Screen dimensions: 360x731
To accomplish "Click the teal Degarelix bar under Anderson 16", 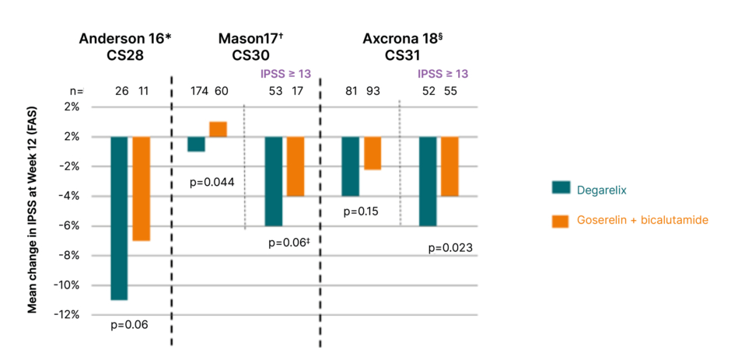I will (x=119, y=218).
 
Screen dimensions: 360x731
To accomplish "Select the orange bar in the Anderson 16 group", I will (x=141, y=188).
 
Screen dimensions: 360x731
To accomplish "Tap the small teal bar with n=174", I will (x=196, y=144).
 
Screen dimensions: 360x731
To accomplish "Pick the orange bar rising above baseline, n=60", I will (x=218, y=129).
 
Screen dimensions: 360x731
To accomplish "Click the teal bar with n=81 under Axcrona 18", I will (x=351, y=166).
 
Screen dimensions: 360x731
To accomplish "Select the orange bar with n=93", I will (x=372, y=152).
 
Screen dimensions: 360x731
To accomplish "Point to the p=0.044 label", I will (x=212, y=183).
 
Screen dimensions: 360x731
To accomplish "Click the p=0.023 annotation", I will (x=450, y=249).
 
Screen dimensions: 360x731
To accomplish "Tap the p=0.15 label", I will (x=361, y=211).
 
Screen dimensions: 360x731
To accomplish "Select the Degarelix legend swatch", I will (x=561, y=187).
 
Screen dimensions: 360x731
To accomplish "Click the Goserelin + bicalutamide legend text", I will (x=642, y=220).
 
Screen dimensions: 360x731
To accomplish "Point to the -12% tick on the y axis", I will (x=68, y=315).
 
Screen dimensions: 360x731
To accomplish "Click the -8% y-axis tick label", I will (x=70, y=256).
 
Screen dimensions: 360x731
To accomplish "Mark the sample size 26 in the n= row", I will (x=122, y=92).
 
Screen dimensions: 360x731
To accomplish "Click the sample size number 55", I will (x=449, y=92).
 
